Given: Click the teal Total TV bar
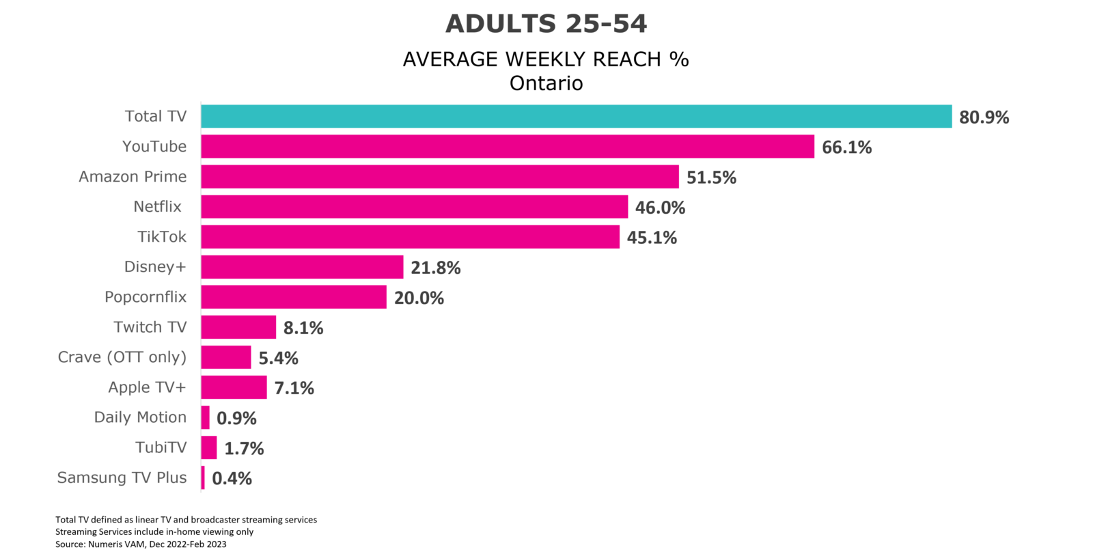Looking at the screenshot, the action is pos(577,116).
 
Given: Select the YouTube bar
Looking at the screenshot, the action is pos(508,146).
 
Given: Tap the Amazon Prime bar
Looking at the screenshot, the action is pos(440,176).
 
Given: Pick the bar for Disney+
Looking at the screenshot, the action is pos(302,267).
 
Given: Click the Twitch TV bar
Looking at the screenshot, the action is pos(238,326).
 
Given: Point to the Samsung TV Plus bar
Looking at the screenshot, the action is pos(203,477).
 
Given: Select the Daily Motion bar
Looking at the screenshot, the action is pos(206,417).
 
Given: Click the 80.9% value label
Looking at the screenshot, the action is pos(984,117).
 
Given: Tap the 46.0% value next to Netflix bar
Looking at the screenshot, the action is pos(660,208).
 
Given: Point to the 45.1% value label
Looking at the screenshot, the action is pos(652,238).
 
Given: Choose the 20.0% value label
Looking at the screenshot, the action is pos(419,298).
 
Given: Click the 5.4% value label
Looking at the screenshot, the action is pos(278,358).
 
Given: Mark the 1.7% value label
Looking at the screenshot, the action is pos(244,448).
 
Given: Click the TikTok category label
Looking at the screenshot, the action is pos(162,236).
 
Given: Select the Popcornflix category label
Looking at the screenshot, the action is pos(146,297).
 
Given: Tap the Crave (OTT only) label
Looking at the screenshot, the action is pos(122,357).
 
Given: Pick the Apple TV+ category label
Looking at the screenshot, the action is pos(147,387).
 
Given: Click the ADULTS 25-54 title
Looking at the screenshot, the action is pos(546,23).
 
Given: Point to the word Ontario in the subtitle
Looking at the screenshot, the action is pos(546,83).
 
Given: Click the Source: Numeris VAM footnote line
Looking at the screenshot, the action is pos(141,544).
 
